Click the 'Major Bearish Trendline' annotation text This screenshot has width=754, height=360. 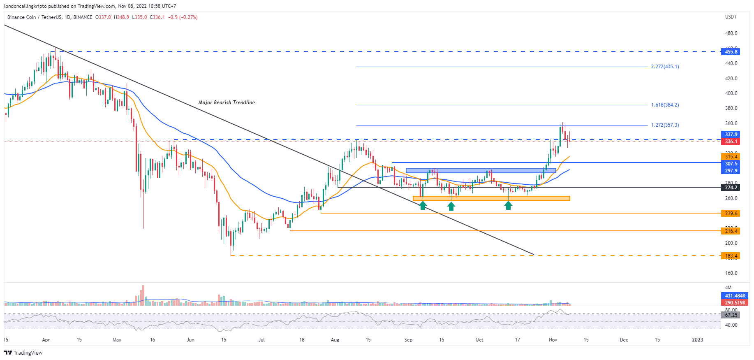(x=227, y=102)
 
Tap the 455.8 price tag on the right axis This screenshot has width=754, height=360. (x=731, y=52)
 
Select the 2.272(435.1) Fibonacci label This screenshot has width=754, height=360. (x=665, y=67)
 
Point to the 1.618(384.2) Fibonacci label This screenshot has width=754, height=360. (x=665, y=105)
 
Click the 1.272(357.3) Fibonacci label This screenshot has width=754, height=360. (x=665, y=125)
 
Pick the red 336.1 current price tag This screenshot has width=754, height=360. (x=731, y=142)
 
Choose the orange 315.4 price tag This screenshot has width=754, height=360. (x=731, y=157)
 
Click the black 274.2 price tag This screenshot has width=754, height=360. (x=731, y=188)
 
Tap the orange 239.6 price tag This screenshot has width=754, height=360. (x=731, y=214)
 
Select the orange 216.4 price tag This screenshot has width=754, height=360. (x=731, y=231)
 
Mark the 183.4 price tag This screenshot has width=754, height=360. (x=731, y=256)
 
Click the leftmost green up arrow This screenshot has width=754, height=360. (x=423, y=205)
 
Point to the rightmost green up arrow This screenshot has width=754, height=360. (x=509, y=205)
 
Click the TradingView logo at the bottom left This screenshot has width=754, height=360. (x=23, y=353)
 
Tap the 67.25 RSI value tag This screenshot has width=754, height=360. (x=731, y=315)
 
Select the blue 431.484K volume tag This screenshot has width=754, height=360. (x=735, y=296)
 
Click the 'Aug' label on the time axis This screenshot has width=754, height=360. (x=335, y=340)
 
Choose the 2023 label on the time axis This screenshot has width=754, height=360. (x=697, y=340)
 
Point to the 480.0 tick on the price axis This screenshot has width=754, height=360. (x=731, y=33)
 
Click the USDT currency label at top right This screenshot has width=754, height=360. (x=731, y=17)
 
